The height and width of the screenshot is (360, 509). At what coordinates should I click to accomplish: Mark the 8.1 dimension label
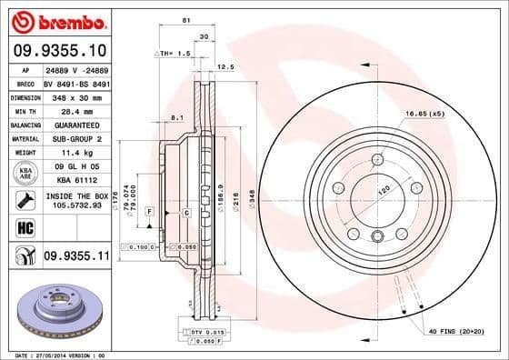[178, 116]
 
